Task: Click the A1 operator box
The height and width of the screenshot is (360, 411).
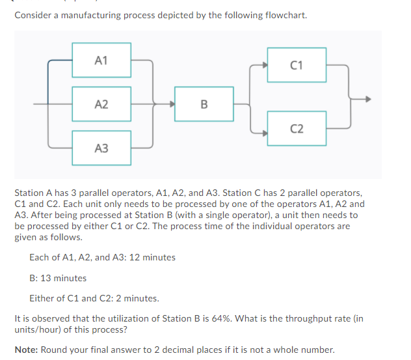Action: [101, 61]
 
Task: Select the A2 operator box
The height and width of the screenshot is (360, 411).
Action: [101, 104]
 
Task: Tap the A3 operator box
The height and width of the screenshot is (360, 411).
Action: [101, 148]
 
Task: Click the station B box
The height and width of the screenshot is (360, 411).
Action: [204, 104]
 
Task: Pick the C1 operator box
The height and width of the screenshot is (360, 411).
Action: [297, 64]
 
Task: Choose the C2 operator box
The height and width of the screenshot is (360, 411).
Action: [297, 128]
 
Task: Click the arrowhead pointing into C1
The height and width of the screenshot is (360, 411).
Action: [264, 65]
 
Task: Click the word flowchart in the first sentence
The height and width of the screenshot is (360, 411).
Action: [285, 15]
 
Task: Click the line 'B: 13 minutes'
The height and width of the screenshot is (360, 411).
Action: [58, 278]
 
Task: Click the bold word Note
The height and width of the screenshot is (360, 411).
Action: [26, 350]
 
